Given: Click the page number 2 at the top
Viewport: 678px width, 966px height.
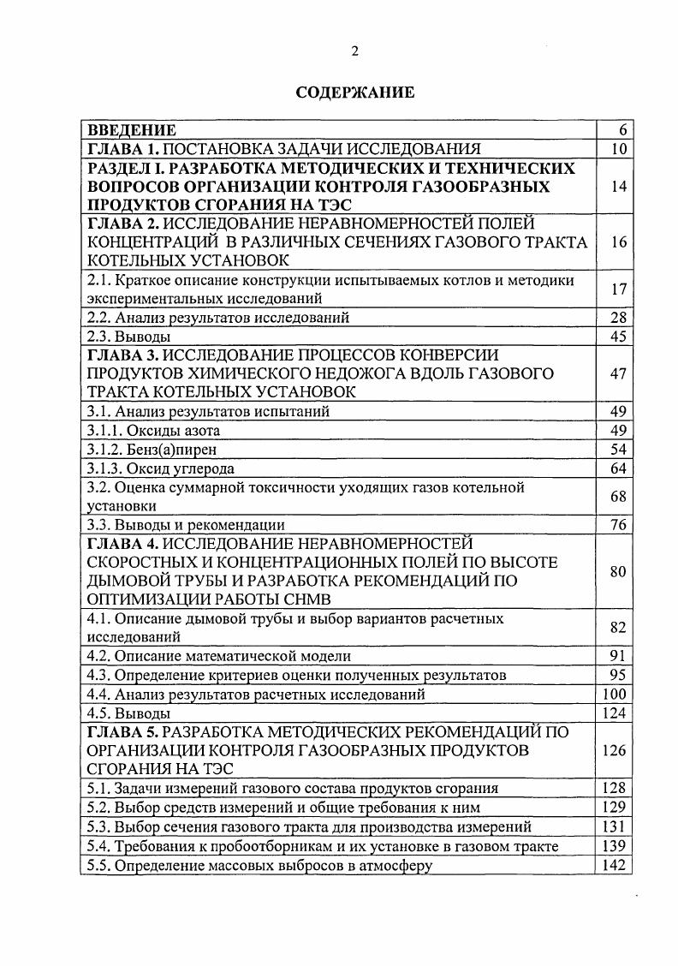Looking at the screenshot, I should click(x=354, y=51).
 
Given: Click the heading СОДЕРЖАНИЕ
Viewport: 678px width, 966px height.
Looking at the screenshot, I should click(x=354, y=92).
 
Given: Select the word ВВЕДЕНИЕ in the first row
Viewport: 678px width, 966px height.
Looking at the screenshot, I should click(x=133, y=130).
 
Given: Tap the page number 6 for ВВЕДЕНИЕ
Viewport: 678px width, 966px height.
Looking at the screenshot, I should click(x=622, y=130).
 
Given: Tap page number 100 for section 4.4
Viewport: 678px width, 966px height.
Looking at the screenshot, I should click(x=615, y=694).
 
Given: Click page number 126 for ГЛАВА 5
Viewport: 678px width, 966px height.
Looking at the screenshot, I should click(x=615, y=750).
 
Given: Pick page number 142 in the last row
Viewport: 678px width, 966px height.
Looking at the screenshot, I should click(x=615, y=864).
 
